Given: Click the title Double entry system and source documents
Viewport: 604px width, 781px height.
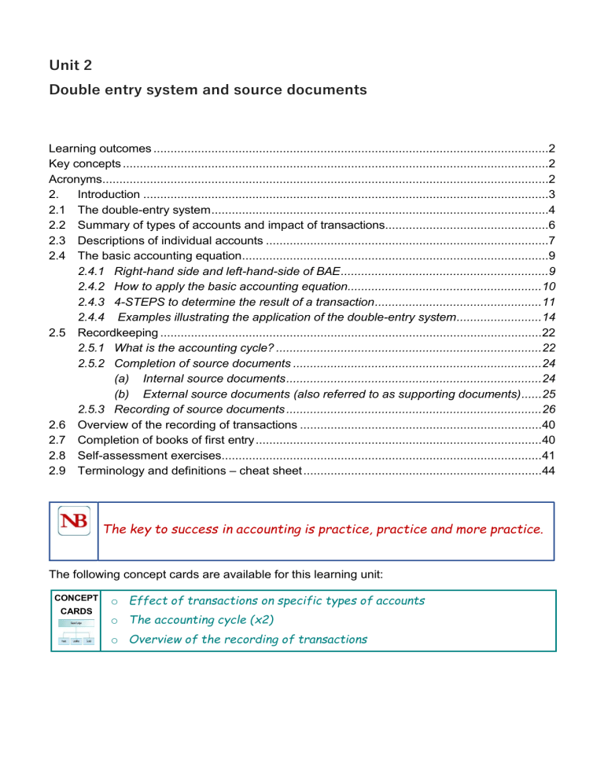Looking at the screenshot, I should coord(208,90).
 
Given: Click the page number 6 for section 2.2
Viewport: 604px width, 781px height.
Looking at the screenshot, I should coord(553,225).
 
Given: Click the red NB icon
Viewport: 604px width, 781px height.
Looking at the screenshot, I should coord(73,522).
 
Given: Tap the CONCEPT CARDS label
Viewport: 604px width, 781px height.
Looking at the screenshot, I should coord(75,604).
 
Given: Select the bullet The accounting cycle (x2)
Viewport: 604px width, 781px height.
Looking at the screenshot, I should coord(201,620).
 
